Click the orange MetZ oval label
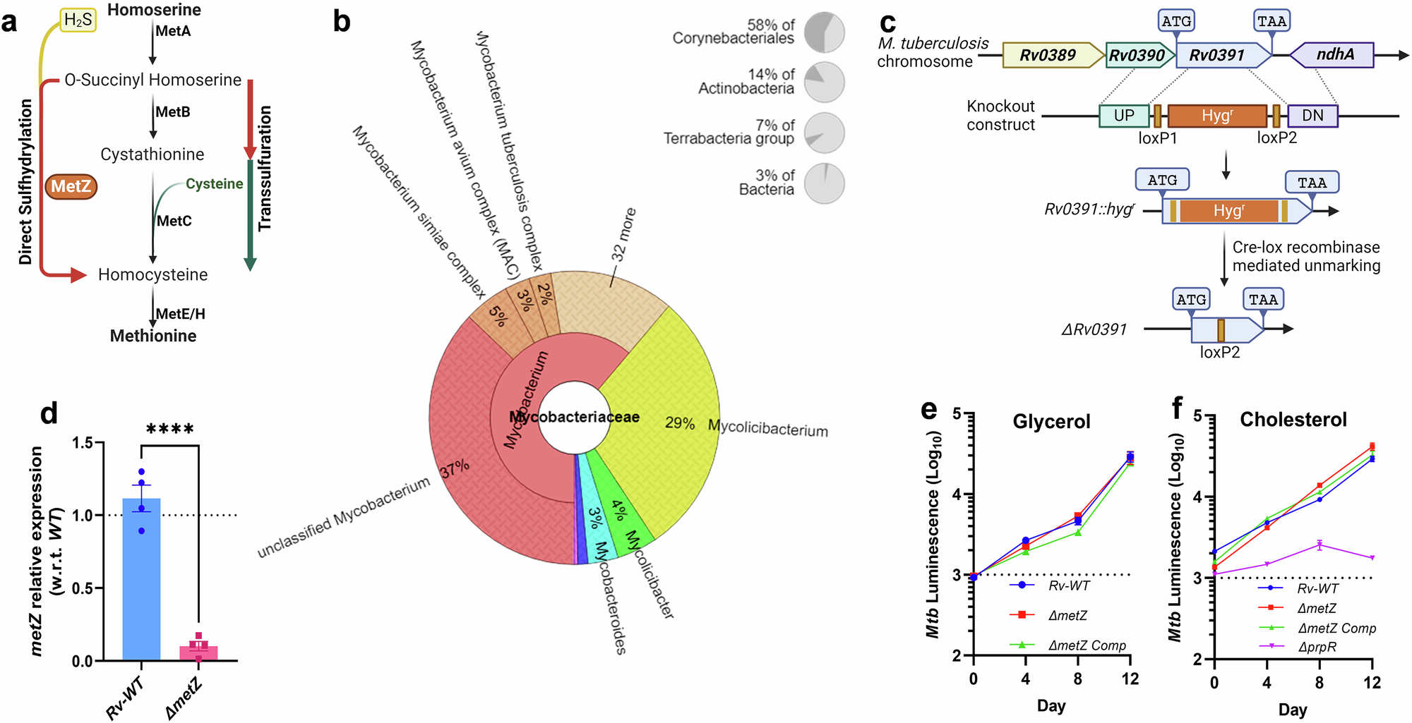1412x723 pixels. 71,186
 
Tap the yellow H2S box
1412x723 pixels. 78,20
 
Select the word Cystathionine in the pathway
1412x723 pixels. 152,154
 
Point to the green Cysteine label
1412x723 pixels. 215,184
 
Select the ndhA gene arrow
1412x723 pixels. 1332,55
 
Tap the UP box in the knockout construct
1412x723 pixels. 1124,116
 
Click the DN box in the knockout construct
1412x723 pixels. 1312,116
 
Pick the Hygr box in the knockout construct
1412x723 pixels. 1217,116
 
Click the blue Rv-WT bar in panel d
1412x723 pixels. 141,579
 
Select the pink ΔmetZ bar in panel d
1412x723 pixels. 198,653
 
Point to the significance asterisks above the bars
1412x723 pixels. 170,429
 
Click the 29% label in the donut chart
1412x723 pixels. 680,423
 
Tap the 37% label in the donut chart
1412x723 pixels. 455,469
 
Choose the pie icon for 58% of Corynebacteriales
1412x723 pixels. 825,32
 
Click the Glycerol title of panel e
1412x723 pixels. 1051,422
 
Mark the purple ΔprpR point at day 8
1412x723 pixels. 1319,545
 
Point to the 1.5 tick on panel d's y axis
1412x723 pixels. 83,443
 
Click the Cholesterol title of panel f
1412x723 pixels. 1293,420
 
